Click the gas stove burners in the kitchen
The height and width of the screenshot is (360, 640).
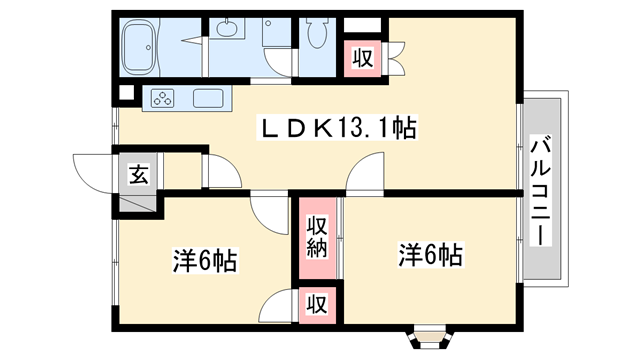tap(162, 98)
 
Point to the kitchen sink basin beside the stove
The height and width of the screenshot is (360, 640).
tap(209, 98)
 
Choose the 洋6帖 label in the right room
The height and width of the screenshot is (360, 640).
tap(430, 254)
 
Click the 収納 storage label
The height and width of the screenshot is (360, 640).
tap(317, 236)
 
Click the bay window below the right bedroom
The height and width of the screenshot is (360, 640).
tap(431, 330)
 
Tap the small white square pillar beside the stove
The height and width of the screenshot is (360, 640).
tap(125, 95)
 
